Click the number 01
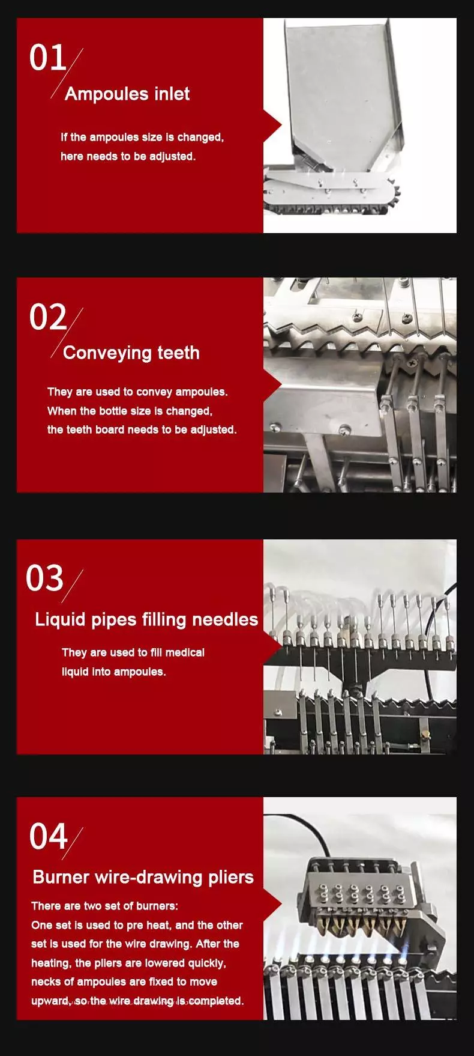tap(47, 58)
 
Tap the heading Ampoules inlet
tap(127, 94)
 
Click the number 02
tap(48, 317)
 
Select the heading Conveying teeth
tap(131, 353)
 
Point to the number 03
tap(44, 578)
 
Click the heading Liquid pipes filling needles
tap(146, 619)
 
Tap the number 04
tap(48, 836)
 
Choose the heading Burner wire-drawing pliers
tap(143, 878)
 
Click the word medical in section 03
tap(185, 652)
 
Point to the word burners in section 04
tap(157, 906)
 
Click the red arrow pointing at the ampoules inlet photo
tap(272, 126)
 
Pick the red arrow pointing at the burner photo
tap(272, 903)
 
